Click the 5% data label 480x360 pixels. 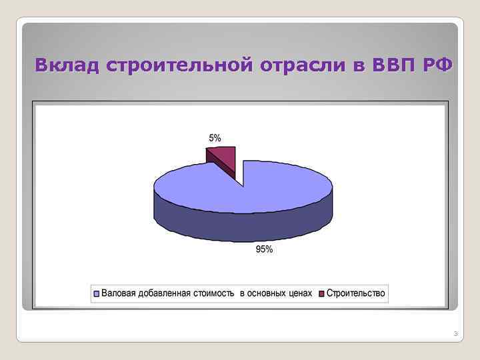pos(215,138)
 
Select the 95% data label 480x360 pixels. pos(265,250)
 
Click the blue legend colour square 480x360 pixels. pos(97,294)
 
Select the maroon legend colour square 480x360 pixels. pos(321,294)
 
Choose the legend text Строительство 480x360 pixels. pos(355,293)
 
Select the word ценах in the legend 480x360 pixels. pos(301,293)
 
